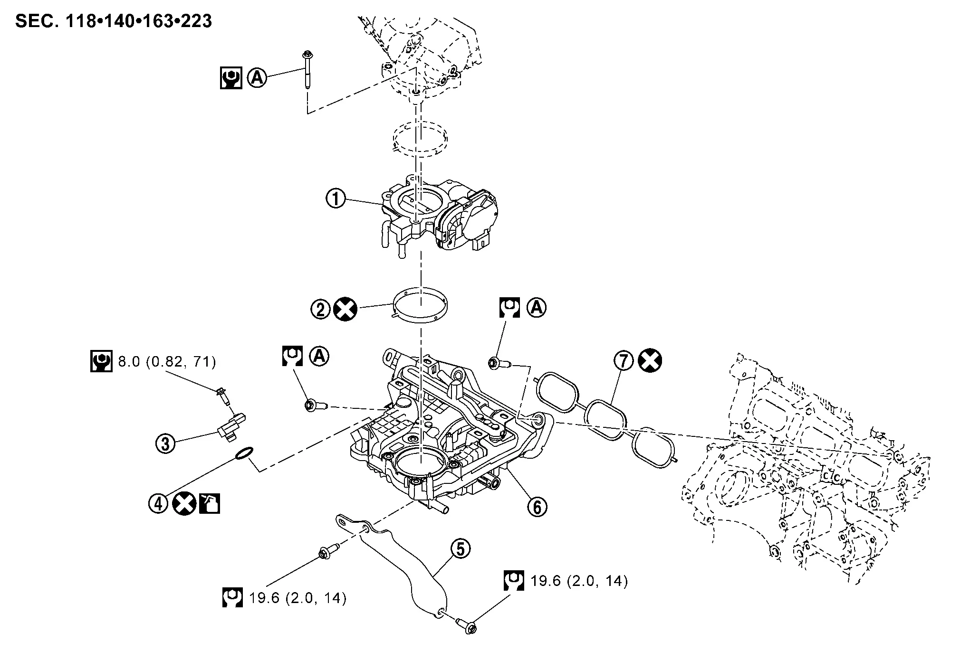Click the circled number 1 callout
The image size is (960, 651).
pyautogui.click(x=336, y=198)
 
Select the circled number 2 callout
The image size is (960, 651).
pyautogui.click(x=320, y=310)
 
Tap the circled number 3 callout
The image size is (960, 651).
pyautogui.click(x=165, y=443)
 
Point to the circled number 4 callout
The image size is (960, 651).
pyautogui.click(x=159, y=503)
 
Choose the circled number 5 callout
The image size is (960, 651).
pyautogui.click(x=461, y=549)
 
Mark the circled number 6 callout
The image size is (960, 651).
pyautogui.click(x=537, y=507)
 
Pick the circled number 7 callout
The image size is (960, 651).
pyautogui.click(x=624, y=361)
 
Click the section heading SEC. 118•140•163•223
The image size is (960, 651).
pyautogui.click(x=114, y=21)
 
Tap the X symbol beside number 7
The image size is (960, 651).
pyautogui.click(x=650, y=361)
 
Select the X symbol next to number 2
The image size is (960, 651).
pyautogui.click(x=345, y=310)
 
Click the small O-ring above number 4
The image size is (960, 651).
pyautogui.click(x=244, y=453)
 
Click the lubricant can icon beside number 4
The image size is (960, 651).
pyautogui.click(x=210, y=503)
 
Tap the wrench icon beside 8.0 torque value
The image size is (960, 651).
pyautogui.click(x=101, y=362)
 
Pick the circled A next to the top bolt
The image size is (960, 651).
pyautogui.click(x=257, y=77)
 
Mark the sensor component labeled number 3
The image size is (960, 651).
pyautogui.click(x=232, y=426)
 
